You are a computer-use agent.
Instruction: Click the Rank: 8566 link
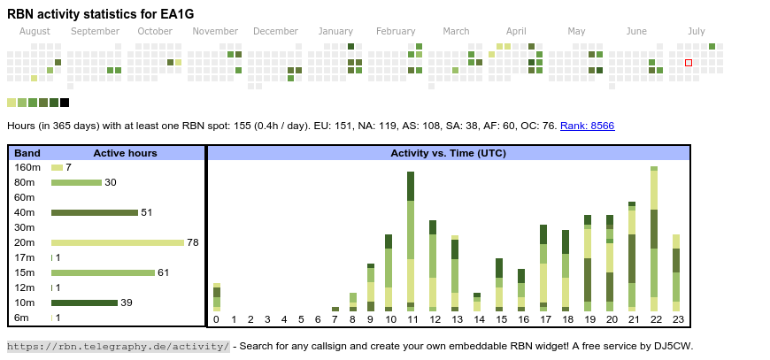click(x=587, y=126)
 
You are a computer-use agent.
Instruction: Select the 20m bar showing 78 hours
click(x=118, y=242)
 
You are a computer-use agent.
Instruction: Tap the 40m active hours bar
click(x=95, y=212)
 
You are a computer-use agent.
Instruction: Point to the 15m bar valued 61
click(x=103, y=272)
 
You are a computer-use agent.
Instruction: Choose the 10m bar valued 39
click(x=84, y=303)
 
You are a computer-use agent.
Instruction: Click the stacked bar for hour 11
click(x=411, y=241)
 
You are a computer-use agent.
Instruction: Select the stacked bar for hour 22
click(x=654, y=238)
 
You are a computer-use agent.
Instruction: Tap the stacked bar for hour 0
click(x=216, y=296)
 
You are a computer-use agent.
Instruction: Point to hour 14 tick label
click(x=479, y=319)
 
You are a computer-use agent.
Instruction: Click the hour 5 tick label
click(x=301, y=319)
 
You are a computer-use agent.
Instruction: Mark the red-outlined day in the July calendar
click(x=689, y=63)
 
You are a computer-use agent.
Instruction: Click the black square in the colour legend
click(x=65, y=103)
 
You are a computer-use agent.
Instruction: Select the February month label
click(x=396, y=31)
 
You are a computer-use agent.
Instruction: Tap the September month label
click(x=95, y=31)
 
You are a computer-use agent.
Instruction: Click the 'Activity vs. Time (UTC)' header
click(x=448, y=153)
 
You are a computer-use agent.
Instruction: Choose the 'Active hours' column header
click(x=125, y=153)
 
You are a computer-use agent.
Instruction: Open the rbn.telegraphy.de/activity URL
click(x=119, y=346)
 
